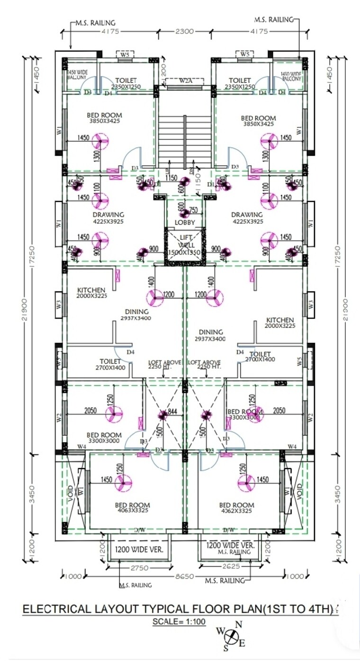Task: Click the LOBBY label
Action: tap(185, 222)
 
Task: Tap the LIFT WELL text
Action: tap(185, 242)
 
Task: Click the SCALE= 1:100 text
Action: tap(179, 621)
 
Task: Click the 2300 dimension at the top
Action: tap(184, 32)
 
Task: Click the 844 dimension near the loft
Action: tap(172, 412)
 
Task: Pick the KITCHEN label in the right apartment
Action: tap(279, 320)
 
